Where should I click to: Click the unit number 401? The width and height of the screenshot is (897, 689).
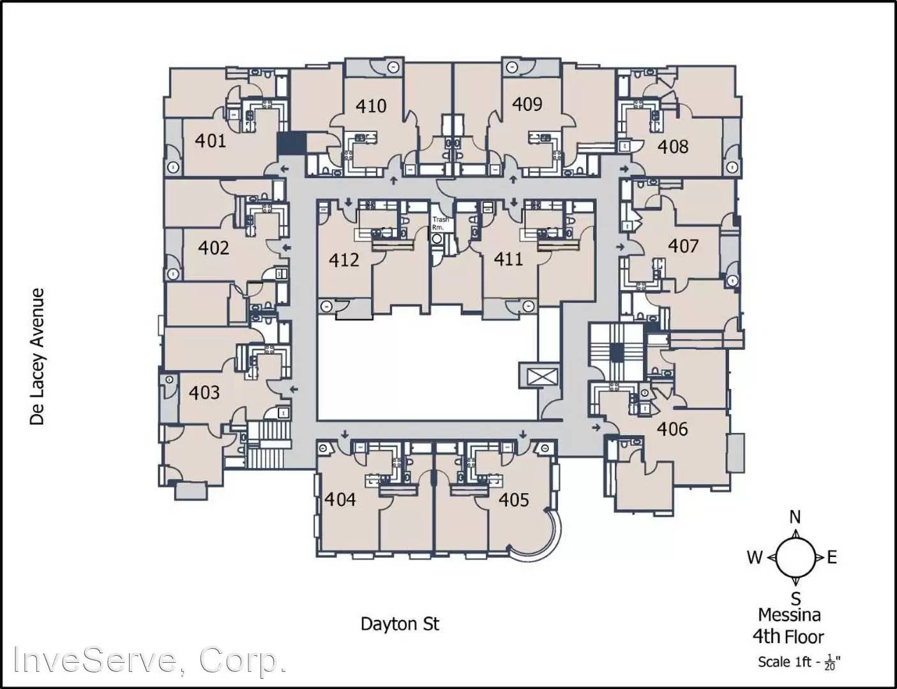211,141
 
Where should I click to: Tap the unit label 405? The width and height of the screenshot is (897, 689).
513,500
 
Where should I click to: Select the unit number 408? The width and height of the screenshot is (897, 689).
674,146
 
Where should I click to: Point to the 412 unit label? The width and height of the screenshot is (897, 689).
344,260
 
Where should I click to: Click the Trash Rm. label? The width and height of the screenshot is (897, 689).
441,223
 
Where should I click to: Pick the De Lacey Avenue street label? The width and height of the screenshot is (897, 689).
37,357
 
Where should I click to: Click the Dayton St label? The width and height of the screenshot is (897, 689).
400,624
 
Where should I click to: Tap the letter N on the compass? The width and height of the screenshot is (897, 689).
795,517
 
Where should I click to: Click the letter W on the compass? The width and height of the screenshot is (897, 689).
755,558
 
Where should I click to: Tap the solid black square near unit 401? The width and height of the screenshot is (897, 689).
291,144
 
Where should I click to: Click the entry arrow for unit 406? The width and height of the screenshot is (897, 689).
596,427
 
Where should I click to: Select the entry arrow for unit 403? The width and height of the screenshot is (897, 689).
294,389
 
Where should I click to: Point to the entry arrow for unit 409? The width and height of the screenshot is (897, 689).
513,179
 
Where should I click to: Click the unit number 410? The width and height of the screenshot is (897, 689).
371,106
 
